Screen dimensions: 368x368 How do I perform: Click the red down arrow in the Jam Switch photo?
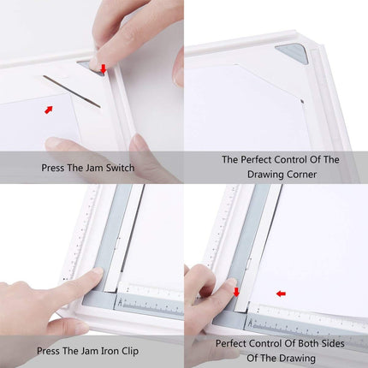tap(104, 68)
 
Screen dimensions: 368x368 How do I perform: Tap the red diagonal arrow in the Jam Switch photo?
tap(49, 110)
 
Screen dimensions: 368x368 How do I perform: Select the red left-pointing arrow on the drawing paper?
tap(281, 294)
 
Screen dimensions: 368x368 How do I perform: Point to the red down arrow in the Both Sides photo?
tap(236, 294)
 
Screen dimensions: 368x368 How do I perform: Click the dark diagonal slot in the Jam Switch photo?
tap(72, 91)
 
